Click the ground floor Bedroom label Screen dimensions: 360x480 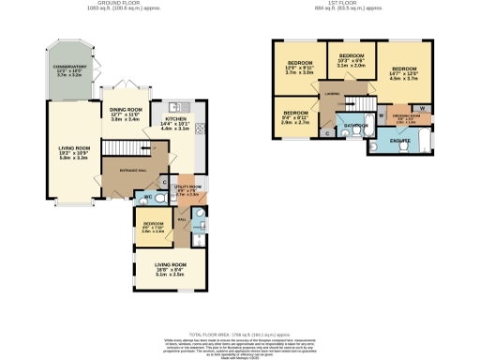tap(153, 225)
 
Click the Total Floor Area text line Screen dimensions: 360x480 tap(240, 335)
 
